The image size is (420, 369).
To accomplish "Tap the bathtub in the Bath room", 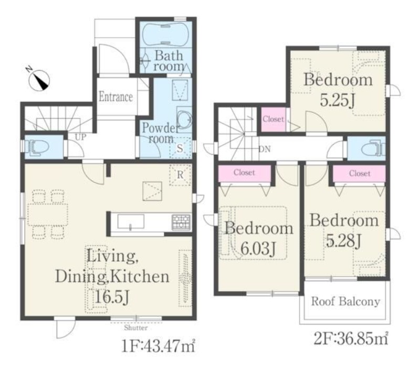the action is tap(165, 35).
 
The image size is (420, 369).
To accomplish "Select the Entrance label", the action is tap(115, 97).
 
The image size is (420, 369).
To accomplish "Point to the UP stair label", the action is tap(81, 137).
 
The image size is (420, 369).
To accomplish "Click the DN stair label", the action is tap(265, 149).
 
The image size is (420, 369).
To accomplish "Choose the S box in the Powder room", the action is tap(180, 148).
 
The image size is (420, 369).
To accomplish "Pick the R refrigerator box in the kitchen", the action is tap(180, 175).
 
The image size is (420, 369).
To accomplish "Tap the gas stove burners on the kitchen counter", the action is tap(181, 223).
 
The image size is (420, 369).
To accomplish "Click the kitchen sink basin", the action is tap(131, 222).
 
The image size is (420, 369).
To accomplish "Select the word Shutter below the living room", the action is tap(136, 328).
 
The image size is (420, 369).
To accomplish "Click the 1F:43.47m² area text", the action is tap(159, 346).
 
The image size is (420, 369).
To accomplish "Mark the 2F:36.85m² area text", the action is tap(351, 339).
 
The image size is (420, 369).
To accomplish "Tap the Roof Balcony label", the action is tap(345, 301).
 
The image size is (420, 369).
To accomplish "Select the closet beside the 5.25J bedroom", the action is tap(273, 119).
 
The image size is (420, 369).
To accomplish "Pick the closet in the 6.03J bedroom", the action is tap(244, 173).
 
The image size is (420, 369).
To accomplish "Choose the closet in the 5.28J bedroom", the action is tap(360, 174).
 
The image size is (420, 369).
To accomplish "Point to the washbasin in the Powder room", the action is tap(185, 118).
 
